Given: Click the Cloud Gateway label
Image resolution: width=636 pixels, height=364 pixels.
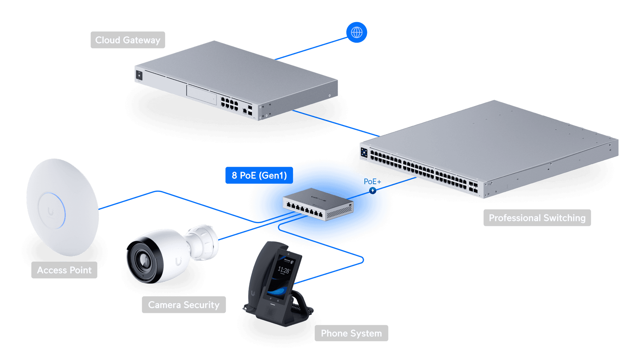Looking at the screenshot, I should pyautogui.click(x=128, y=40).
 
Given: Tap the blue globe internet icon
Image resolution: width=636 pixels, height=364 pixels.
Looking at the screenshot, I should pyautogui.click(x=357, y=32).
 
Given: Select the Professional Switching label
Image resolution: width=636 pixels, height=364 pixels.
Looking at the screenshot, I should pyautogui.click(x=537, y=218).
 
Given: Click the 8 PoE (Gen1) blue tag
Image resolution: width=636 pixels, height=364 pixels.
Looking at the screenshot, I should pyautogui.click(x=259, y=175).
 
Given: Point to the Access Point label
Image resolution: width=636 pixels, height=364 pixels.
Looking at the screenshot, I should pyautogui.click(x=64, y=270).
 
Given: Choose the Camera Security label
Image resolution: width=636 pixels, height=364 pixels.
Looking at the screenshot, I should pyautogui.click(x=184, y=305).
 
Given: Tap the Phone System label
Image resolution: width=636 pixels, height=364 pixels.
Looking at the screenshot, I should pyautogui.click(x=351, y=333).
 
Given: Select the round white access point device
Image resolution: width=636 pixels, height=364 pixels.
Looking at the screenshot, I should pyautogui.click(x=63, y=207).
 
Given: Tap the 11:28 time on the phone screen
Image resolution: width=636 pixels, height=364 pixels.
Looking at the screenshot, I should pyautogui.click(x=284, y=270).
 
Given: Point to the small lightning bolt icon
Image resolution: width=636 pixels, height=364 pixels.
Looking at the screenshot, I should pyautogui.click(x=373, y=191).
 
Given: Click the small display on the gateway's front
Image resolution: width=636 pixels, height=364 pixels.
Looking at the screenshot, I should pyautogui.click(x=139, y=75).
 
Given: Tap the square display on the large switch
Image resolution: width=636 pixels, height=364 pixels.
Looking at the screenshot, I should pyautogui.click(x=364, y=153).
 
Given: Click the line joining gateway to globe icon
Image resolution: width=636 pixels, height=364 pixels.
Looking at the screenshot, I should pyautogui.click(x=311, y=49).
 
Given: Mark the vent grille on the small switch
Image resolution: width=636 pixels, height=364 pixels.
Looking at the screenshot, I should pyautogui.click(x=339, y=212).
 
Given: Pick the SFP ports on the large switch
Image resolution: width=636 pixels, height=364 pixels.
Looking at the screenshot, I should pyautogui.click(x=473, y=187).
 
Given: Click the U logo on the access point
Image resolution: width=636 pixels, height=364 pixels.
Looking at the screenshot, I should pyautogui.click(x=50, y=212).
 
